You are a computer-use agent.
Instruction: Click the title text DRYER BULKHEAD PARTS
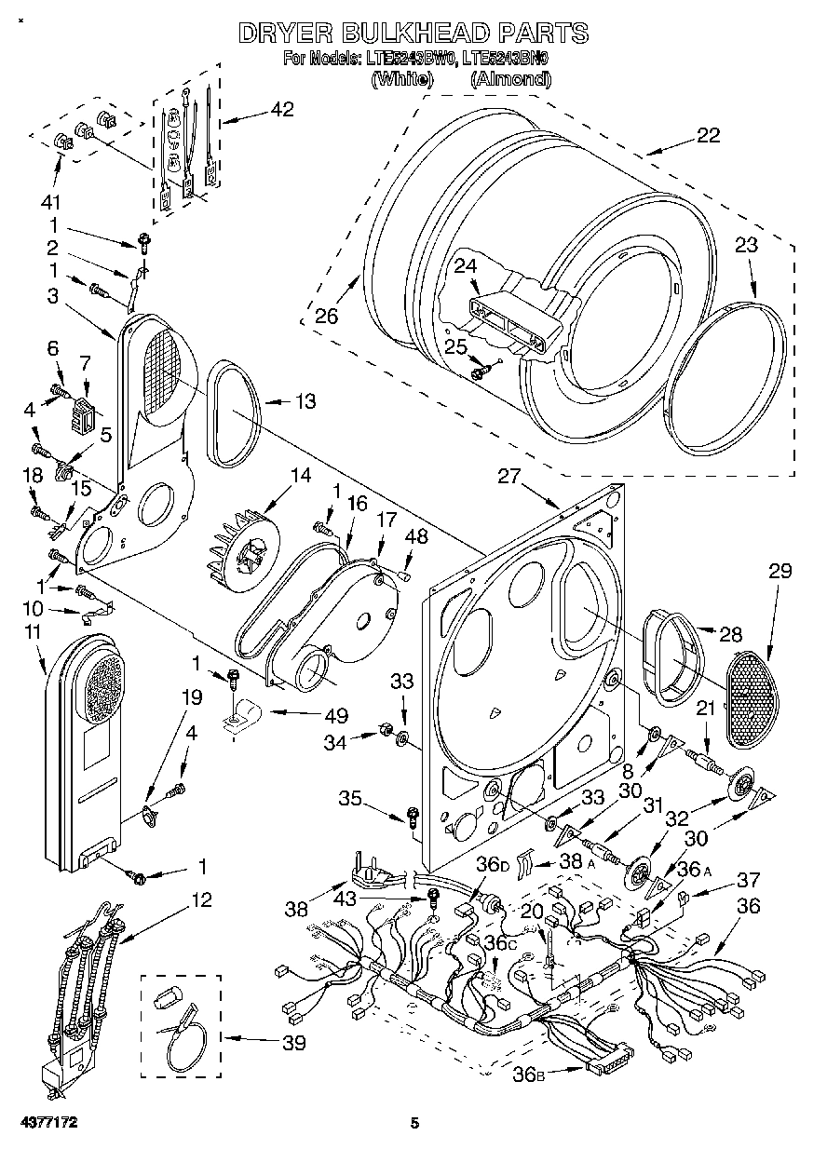click(413, 34)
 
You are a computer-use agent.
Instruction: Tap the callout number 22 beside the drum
click(708, 135)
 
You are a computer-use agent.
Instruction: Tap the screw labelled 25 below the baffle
click(480, 372)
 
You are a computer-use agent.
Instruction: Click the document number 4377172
click(45, 1123)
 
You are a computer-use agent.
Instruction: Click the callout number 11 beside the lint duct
click(33, 635)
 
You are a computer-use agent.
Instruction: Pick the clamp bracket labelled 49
click(244, 716)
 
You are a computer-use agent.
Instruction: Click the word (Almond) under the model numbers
click(510, 79)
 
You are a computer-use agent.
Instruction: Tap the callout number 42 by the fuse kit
click(280, 109)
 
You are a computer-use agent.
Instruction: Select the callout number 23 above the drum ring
click(746, 246)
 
